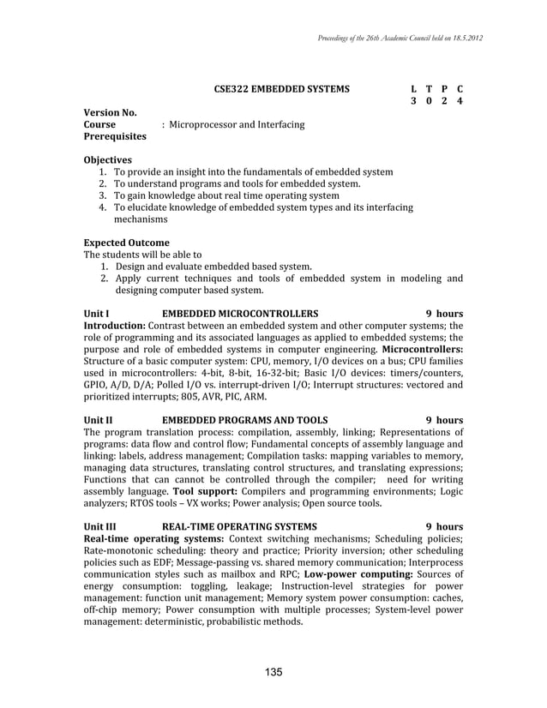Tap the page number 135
(273, 671)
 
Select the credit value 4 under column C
(460, 102)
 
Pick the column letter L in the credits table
(414, 89)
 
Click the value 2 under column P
(444, 102)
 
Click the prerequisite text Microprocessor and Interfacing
(237, 125)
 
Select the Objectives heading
(107, 160)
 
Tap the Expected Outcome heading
(126, 243)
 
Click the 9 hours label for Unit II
(445, 420)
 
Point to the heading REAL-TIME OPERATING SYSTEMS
(239, 526)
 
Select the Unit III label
(99, 526)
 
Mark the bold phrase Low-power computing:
(357, 573)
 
